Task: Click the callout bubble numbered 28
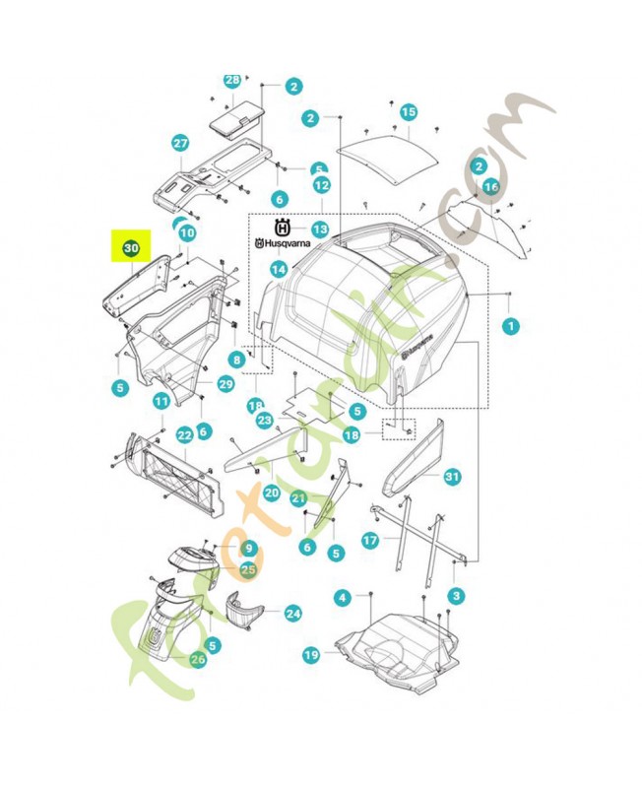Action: point(232,80)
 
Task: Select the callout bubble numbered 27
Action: point(180,144)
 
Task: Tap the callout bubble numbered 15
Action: point(408,112)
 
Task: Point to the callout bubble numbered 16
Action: point(491,186)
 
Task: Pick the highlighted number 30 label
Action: point(130,249)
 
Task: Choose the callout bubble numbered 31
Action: point(452,477)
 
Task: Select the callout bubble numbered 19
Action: point(311,654)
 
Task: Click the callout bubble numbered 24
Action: point(292,613)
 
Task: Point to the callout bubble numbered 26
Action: point(198,659)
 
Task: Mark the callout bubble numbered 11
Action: point(160,401)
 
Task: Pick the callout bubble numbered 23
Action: point(264,422)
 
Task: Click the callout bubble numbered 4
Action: point(342,597)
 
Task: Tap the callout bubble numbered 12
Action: point(321,185)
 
